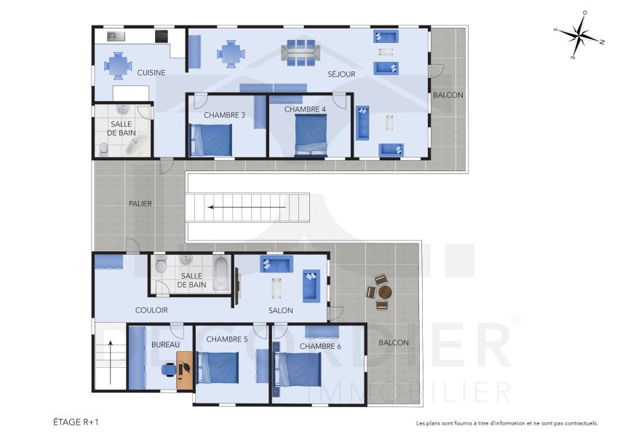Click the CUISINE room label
pyautogui.click(x=151, y=72)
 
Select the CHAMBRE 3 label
pyautogui.click(x=224, y=115)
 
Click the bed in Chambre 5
pyautogui.click(x=219, y=368)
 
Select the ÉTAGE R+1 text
pyautogui.click(x=76, y=422)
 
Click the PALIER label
pyautogui.click(x=140, y=204)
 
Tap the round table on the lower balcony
pyautogui.click(x=384, y=292)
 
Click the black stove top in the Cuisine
pyautogui.click(x=161, y=35)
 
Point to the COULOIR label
pyautogui.click(x=151, y=310)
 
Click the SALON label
pyautogui.click(x=280, y=310)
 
